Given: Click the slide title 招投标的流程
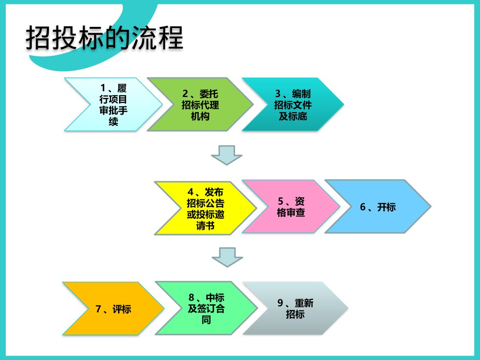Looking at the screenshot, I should (x=104, y=39).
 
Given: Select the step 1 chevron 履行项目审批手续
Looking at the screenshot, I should (x=113, y=104).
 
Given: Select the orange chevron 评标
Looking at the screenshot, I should (x=113, y=308).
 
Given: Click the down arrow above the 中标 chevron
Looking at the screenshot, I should (x=227, y=257).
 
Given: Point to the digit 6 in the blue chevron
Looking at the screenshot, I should (x=363, y=207).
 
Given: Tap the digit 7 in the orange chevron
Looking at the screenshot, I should (x=98, y=309).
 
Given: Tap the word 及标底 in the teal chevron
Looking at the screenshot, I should (x=293, y=116).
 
